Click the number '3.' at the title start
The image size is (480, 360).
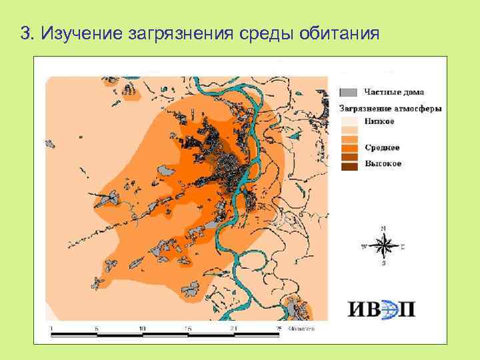point(27,33)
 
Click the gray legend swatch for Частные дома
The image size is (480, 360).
point(349,92)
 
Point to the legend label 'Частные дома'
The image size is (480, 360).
point(394,92)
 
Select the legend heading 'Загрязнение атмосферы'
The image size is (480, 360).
point(391,107)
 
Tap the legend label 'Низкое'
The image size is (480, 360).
point(380,121)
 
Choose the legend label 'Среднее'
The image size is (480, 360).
point(383,148)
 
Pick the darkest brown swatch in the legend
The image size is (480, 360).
point(349,166)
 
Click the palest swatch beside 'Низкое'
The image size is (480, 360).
point(349,121)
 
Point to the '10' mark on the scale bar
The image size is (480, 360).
point(142,329)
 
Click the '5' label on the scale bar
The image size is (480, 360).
point(97,329)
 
